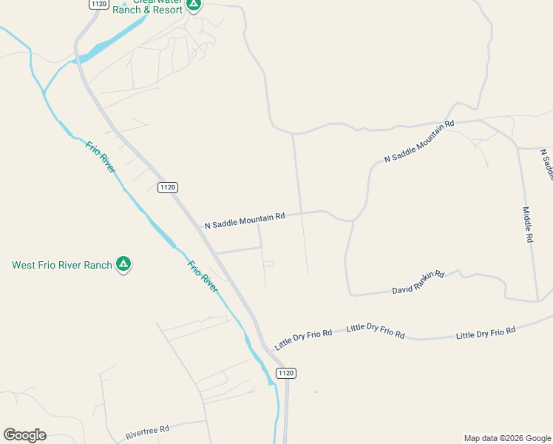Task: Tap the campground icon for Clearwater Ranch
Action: [194, 4]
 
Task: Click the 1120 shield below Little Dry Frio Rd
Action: [286, 373]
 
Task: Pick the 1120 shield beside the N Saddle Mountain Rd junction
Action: [167, 187]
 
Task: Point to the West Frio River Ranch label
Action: [62, 265]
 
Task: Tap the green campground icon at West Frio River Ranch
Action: [124, 264]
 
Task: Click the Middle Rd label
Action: [528, 225]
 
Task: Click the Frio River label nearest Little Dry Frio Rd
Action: [202, 276]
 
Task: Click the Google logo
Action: [24, 435]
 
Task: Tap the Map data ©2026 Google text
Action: [506, 438]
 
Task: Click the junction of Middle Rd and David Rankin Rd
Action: [537, 301]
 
